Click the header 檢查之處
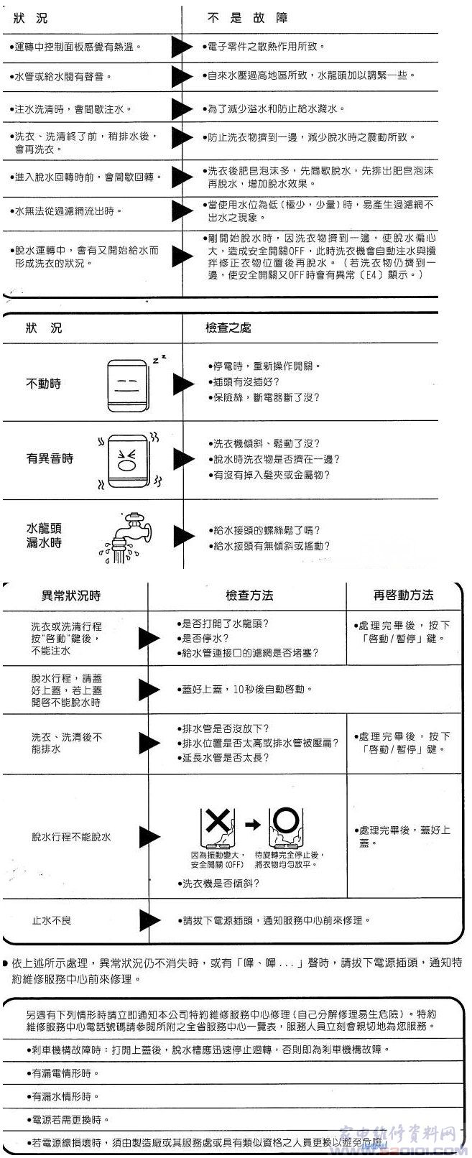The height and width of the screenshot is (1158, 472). (x=228, y=328)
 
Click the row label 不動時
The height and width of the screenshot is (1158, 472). (x=44, y=384)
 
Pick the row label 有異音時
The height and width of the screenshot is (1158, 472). (x=50, y=458)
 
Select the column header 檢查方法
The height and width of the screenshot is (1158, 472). (x=249, y=596)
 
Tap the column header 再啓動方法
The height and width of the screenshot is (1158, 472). (x=403, y=595)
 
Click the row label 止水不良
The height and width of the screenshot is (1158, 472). (x=51, y=920)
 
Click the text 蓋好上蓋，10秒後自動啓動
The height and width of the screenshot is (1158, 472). (x=244, y=689)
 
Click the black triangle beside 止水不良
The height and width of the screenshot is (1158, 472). (x=149, y=920)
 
